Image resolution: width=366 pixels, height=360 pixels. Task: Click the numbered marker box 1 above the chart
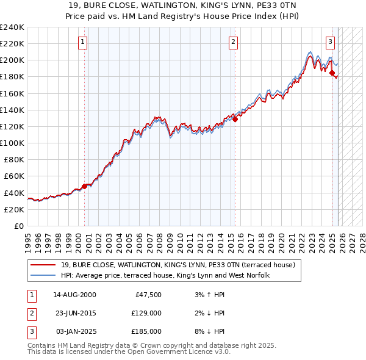point(82,42)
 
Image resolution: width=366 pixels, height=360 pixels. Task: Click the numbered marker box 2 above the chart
point(234,42)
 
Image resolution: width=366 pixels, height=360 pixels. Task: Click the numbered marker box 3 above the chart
point(330,42)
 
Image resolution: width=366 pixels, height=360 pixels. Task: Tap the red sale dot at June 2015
point(235,119)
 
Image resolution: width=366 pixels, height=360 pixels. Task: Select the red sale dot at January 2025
point(332,73)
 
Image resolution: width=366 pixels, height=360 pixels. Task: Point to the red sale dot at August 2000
point(84,187)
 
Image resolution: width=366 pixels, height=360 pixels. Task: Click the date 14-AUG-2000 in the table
point(74,295)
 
